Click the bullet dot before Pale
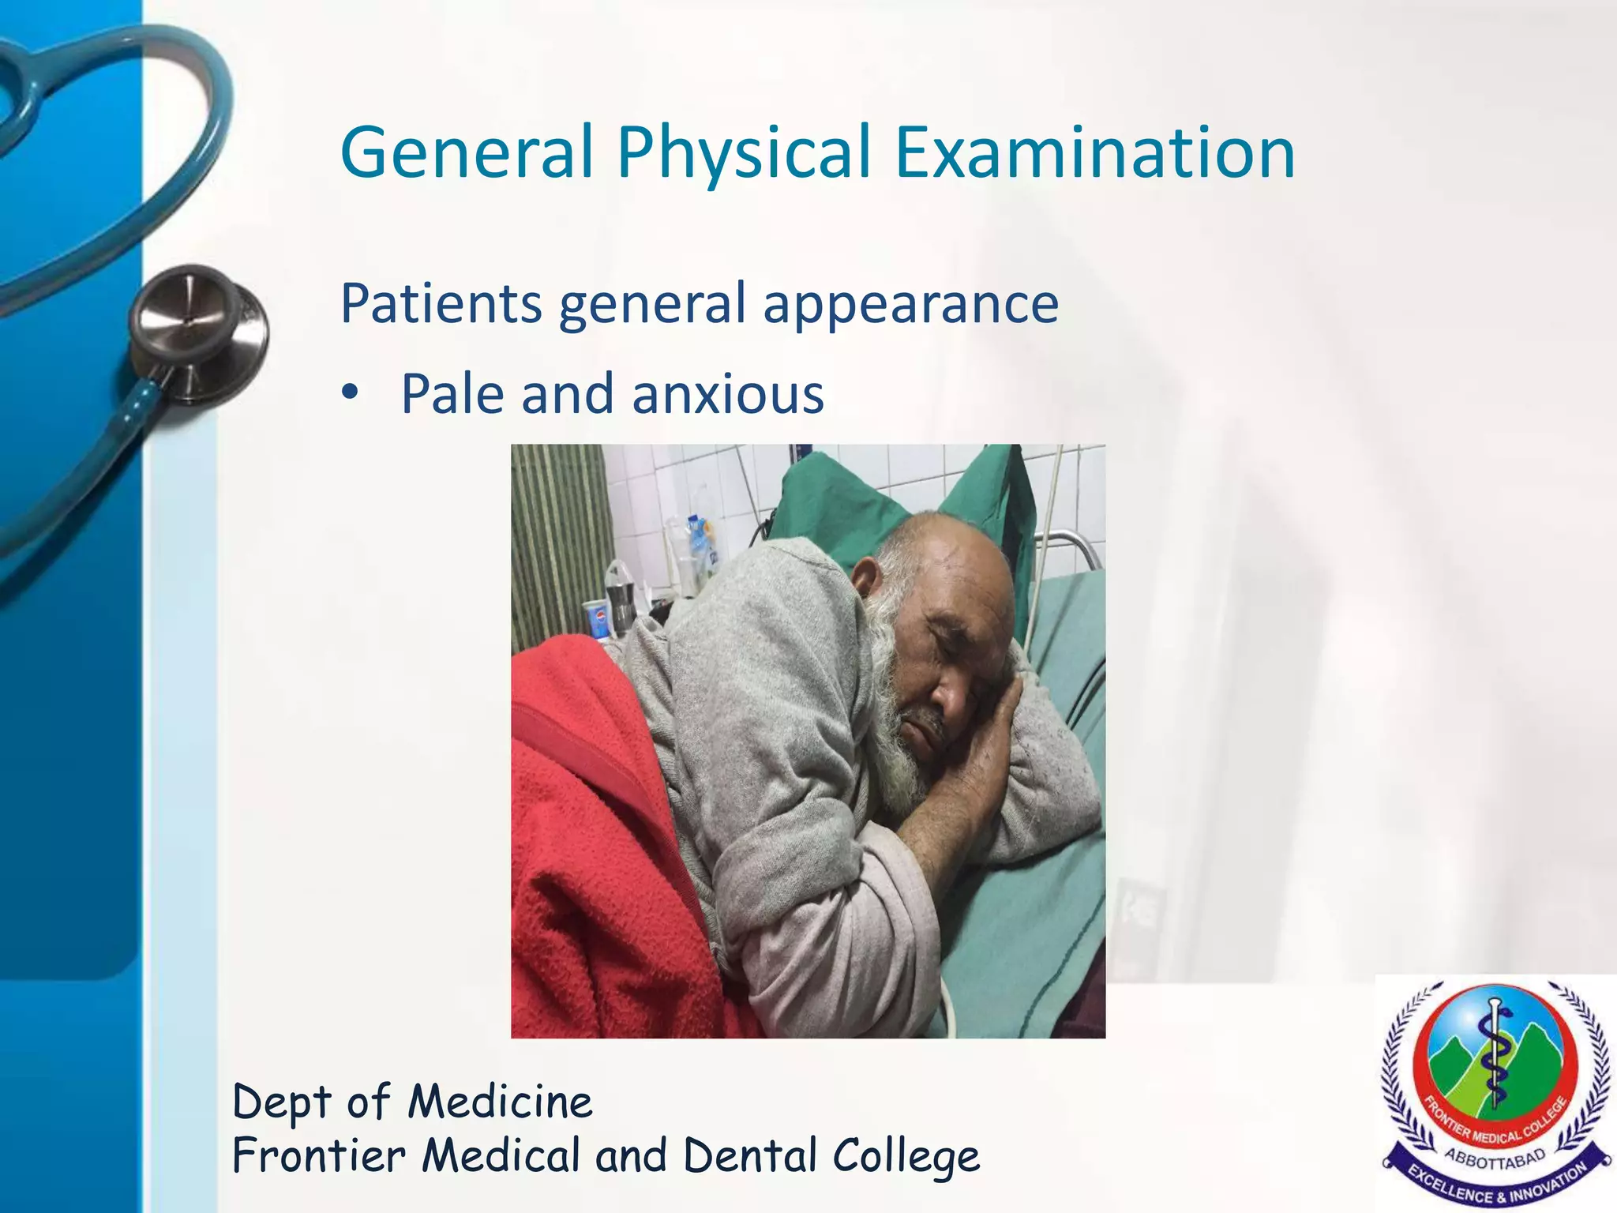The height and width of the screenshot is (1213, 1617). point(350,393)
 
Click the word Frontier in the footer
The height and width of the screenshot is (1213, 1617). point(319,1156)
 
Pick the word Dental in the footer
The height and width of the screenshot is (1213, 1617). point(749,1156)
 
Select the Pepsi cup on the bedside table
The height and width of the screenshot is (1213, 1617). point(597,618)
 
